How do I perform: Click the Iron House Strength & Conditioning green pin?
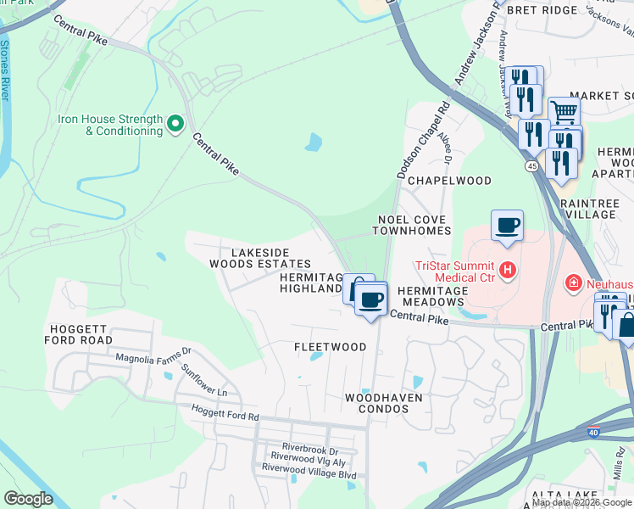(175, 125)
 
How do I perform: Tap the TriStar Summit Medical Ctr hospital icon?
(508, 271)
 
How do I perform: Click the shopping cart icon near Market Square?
(563, 111)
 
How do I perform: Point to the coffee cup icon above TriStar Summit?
(507, 226)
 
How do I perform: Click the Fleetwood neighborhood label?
(330, 347)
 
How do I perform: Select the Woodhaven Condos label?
(383, 404)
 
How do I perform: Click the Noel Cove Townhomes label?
(412, 225)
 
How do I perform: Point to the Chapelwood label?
(449, 181)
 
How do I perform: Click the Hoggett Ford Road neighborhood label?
(80, 333)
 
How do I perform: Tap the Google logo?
(28, 499)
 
